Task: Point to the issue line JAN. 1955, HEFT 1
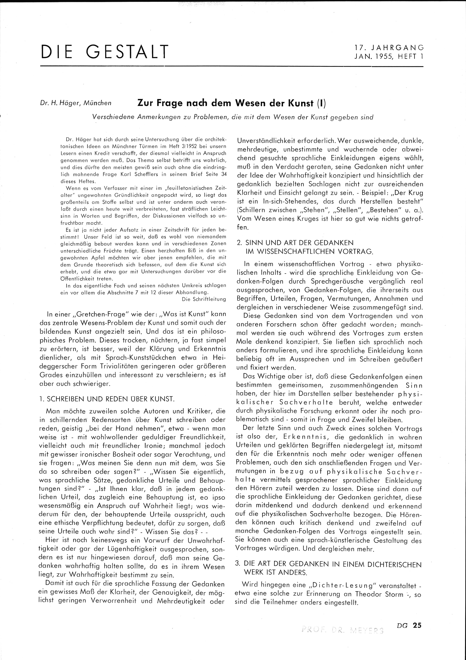click(x=389, y=57)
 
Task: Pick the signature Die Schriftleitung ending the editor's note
click(x=204, y=299)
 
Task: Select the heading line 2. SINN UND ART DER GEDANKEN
click(x=295, y=243)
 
